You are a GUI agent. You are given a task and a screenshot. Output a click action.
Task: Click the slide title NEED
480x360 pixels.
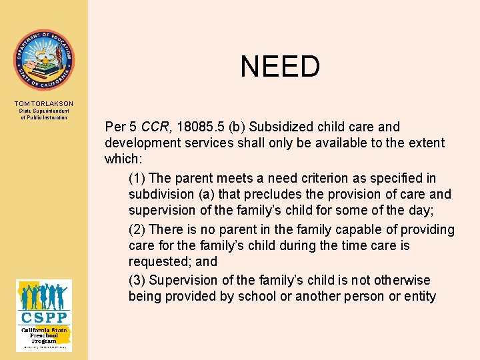(280, 67)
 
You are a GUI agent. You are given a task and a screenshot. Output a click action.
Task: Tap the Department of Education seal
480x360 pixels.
(44, 60)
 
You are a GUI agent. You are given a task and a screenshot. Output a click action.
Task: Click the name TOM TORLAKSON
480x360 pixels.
(44, 104)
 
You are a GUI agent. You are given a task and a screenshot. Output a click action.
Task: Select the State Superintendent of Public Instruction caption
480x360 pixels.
(44, 114)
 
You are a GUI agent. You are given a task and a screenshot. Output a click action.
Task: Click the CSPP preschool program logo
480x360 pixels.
(44, 315)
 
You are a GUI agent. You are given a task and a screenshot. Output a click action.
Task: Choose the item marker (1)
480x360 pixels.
(137, 178)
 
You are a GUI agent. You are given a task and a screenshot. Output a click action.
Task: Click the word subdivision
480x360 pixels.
(160, 195)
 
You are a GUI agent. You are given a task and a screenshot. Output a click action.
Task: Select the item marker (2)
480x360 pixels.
(137, 230)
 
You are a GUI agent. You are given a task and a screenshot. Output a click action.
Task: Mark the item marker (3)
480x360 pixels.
(137, 280)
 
